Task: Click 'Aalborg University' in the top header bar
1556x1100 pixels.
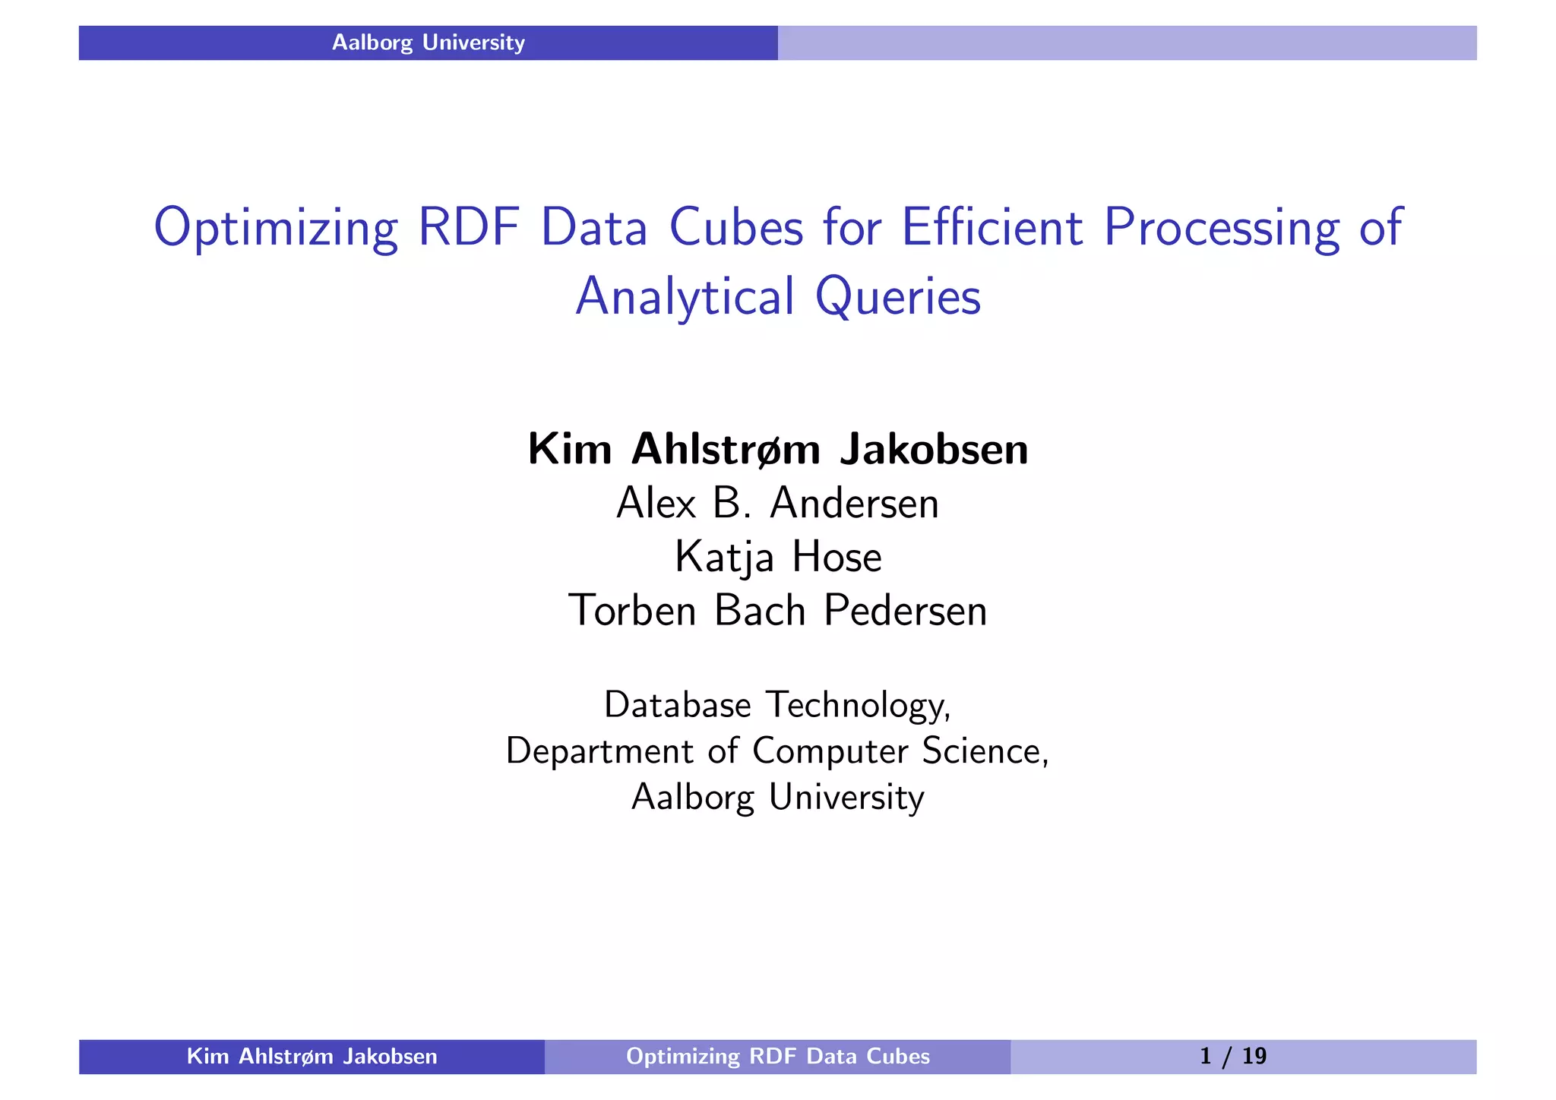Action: point(428,43)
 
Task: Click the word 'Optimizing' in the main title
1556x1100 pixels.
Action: point(276,227)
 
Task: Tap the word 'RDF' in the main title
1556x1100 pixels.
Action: point(469,227)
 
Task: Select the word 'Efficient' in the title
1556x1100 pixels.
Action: point(991,227)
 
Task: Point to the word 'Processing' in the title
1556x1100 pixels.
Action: point(1222,227)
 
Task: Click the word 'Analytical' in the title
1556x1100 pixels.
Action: point(685,296)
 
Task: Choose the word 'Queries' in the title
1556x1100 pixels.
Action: point(898,296)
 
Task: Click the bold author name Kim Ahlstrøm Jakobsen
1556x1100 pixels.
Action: point(778,449)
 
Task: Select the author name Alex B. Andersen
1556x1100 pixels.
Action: point(778,503)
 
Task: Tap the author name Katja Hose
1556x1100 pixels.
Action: point(778,557)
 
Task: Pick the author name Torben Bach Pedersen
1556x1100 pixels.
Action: point(778,610)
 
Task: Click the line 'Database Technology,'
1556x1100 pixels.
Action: point(778,705)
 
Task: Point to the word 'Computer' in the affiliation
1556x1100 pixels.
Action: point(830,751)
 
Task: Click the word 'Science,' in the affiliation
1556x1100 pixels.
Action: point(985,751)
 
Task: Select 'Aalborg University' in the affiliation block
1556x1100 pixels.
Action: point(778,797)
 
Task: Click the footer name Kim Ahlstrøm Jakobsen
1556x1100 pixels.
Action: point(312,1056)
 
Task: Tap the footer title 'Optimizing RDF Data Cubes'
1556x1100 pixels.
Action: point(777,1056)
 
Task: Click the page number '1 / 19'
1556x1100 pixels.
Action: point(1232,1056)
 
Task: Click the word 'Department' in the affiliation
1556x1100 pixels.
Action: point(599,751)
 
